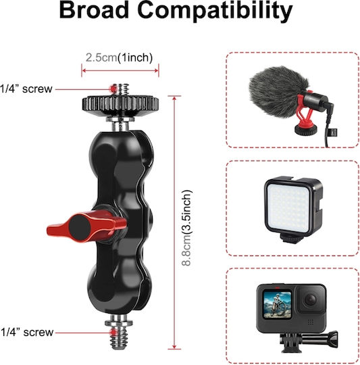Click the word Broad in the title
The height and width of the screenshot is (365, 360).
[x=94, y=10]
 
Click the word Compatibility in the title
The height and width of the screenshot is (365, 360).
[x=215, y=11]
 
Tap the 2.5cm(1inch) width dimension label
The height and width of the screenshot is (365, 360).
[x=119, y=57]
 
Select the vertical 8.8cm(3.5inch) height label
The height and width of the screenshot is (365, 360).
[x=186, y=228]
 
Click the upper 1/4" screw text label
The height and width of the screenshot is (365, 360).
[x=26, y=89]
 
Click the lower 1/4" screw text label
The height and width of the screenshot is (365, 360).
[x=27, y=332]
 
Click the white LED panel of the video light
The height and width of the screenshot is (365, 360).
[x=288, y=208]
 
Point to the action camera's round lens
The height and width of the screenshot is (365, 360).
[x=311, y=299]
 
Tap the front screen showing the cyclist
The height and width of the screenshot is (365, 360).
[x=277, y=304]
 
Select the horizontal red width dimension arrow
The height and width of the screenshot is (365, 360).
[x=120, y=70]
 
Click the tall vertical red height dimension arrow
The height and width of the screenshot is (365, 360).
[x=174, y=222]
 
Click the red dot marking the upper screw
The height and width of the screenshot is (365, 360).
[x=113, y=89]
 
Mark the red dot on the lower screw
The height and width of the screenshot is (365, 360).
[x=113, y=333]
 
